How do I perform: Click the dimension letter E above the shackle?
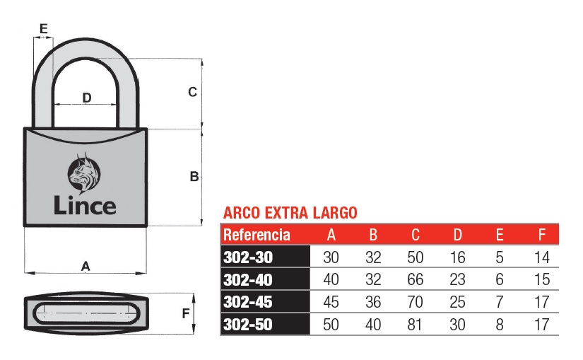(x=44, y=29)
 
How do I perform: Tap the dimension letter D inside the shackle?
(x=87, y=98)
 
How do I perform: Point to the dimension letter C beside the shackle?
(x=192, y=92)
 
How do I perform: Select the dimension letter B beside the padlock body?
(x=194, y=176)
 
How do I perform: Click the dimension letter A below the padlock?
(x=86, y=266)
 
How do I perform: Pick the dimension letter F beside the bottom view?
(x=186, y=313)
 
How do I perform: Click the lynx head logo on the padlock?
(x=84, y=173)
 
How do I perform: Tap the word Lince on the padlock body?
(x=85, y=206)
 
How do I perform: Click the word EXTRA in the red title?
(x=286, y=213)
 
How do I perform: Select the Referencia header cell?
(x=257, y=235)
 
